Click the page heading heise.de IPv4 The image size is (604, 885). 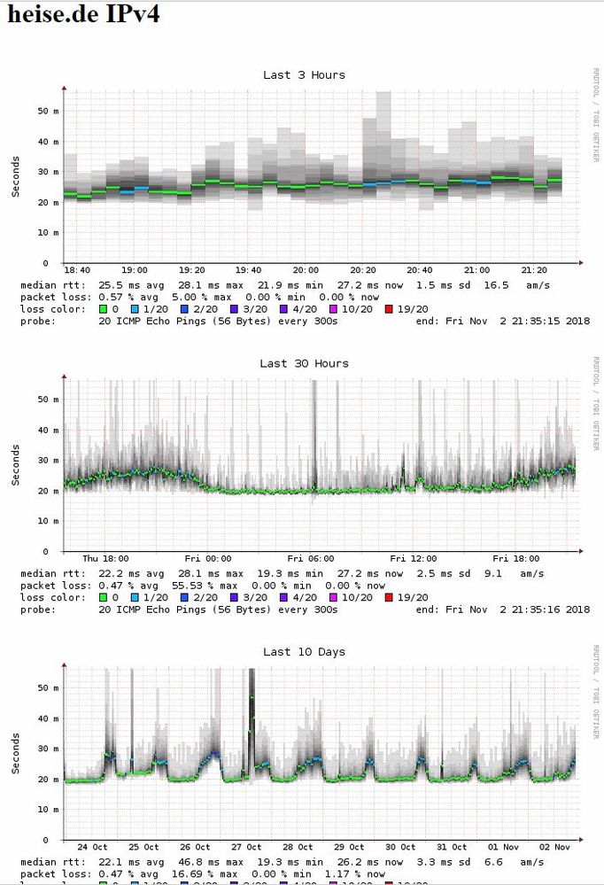[x=84, y=15]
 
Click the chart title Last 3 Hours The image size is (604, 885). [x=304, y=75]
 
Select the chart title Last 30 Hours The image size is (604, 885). [x=304, y=363]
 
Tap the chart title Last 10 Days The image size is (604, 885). [x=304, y=652]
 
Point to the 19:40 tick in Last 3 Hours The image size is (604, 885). [x=248, y=270]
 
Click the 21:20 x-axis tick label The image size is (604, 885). [x=533, y=270]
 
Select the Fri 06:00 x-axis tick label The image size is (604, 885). [x=310, y=559]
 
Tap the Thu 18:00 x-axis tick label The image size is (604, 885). [x=105, y=559]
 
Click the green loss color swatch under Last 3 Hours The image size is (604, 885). [x=102, y=309]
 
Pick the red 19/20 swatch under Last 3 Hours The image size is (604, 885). [x=386, y=309]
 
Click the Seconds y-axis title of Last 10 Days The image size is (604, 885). [x=16, y=753]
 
